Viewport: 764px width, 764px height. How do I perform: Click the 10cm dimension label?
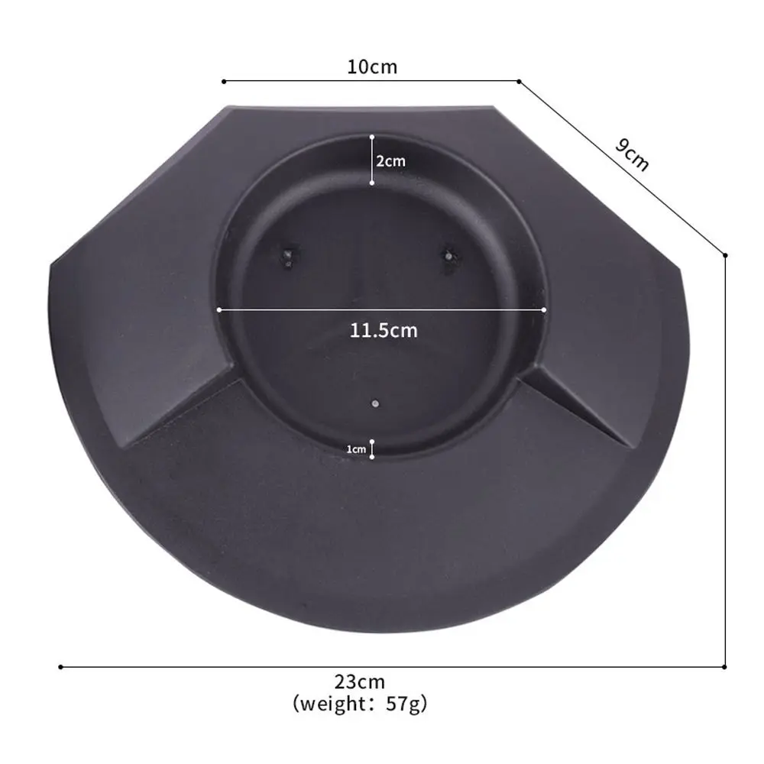(372, 66)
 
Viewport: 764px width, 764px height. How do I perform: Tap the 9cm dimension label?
(633, 154)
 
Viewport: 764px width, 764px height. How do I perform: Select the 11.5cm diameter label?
(384, 330)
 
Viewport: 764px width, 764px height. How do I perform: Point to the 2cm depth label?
(390, 160)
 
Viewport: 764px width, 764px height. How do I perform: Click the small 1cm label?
(356, 449)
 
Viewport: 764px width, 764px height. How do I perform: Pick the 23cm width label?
(360, 681)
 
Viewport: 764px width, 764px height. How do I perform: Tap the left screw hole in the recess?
(289, 256)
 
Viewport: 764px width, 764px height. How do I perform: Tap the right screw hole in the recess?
(448, 256)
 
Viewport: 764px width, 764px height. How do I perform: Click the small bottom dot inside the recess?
(375, 403)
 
